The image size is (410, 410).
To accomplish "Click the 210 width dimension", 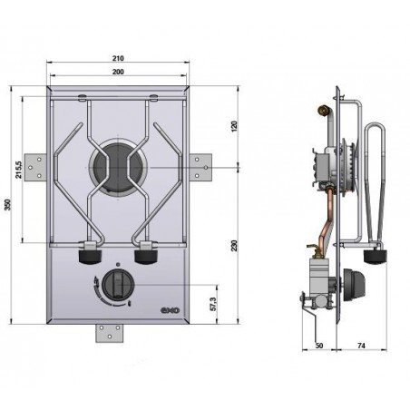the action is point(118,58).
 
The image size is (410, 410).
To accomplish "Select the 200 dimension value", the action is point(118,72).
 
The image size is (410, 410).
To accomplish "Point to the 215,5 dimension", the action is point(19,170).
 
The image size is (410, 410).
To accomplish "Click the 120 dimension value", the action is point(234,126).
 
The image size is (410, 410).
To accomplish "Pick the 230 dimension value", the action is point(234,246).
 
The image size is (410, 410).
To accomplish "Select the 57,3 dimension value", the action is point(213,304).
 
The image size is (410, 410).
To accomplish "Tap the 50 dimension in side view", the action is point(319,346).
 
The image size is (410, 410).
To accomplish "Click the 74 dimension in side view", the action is point(361,346).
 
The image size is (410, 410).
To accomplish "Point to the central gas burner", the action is point(118,167).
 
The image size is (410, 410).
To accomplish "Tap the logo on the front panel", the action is point(170,310).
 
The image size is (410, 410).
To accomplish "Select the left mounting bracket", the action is point(35,167).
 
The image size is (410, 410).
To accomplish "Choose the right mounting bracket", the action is point(200,166).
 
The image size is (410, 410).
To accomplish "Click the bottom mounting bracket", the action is point(110,333).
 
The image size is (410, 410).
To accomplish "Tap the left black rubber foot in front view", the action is point(91,257).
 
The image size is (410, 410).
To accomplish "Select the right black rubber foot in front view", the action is point(146,257).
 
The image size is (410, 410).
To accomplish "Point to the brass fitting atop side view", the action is point(323,111).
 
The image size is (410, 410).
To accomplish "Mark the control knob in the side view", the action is point(355,285).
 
